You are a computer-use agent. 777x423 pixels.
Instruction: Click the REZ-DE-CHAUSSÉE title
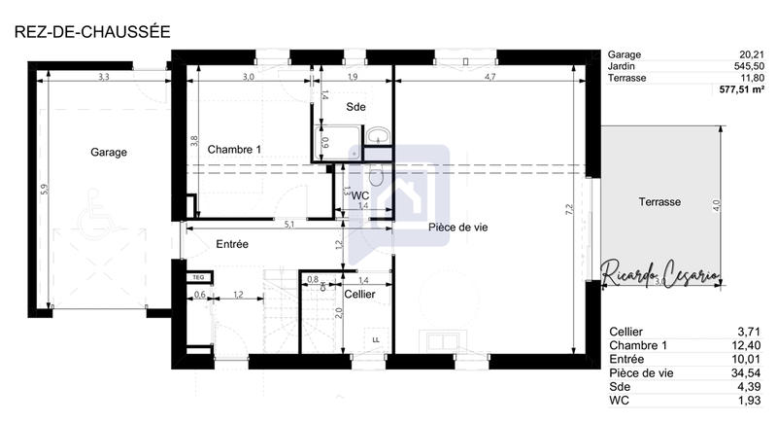click(92, 31)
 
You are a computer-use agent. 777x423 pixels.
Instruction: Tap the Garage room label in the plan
click(109, 152)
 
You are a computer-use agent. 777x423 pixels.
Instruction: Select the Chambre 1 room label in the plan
click(233, 149)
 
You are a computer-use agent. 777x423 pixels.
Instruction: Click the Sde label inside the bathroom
click(356, 108)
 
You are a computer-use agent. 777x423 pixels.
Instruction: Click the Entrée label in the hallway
click(232, 244)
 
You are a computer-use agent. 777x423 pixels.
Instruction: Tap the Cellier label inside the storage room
click(360, 294)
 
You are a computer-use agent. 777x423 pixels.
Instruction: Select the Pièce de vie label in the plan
click(456, 227)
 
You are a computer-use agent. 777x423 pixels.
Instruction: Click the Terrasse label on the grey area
click(659, 201)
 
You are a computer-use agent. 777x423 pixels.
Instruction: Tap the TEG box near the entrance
click(199, 276)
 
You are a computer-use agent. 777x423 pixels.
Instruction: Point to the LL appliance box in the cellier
click(375, 338)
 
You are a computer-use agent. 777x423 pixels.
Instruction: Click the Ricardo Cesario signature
click(660, 274)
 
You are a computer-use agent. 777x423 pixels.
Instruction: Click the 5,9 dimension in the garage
click(44, 192)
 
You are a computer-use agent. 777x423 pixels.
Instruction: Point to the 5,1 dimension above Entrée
click(288, 225)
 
